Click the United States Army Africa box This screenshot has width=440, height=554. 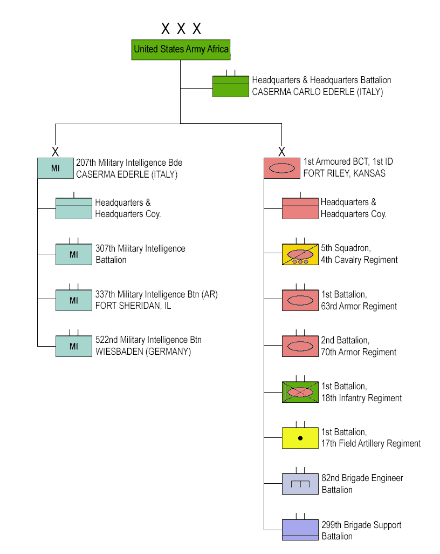[x=181, y=49]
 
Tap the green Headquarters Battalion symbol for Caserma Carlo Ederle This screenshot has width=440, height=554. [x=230, y=86]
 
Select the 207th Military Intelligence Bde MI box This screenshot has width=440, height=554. [x=55, y=168]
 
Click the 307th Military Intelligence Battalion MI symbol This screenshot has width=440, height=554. [x=74, y=254]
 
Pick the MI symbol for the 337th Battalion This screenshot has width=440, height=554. [x=74, y=300]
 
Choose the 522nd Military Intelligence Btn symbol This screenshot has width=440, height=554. [x=74, y=346]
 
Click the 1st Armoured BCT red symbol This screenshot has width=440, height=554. [x=281, y=168]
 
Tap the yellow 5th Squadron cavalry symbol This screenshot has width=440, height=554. [x=300, y=254]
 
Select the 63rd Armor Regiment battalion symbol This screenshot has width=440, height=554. [x=300, y=300]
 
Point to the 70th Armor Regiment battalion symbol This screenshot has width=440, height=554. [x=300, y=346]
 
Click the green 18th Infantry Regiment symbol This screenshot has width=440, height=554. [x=300, y=392]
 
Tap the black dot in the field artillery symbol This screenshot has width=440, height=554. [x=300, y=438]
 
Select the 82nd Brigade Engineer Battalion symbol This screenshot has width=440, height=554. [x=300, y=484]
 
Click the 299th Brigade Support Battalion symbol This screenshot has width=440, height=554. [x=300, y=530]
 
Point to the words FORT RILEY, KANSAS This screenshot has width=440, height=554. [x=344, y=174]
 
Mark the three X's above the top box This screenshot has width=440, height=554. [x=181, y=29]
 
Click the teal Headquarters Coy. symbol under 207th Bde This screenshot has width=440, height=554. [x=74, y=208]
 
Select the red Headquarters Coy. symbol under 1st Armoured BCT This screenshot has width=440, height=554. [x=300, y=208]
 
